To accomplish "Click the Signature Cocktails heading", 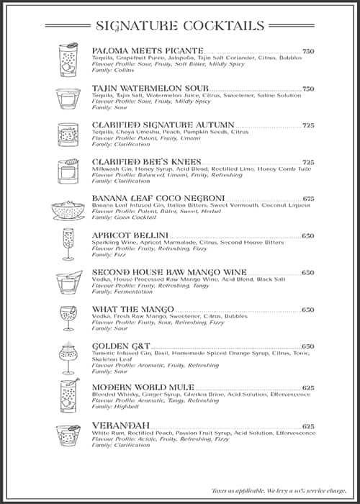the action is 179,26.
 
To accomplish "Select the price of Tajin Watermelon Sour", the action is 308,89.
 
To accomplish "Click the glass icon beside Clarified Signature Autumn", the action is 68,134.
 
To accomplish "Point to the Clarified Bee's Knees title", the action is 146,162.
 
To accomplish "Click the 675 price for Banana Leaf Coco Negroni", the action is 308,199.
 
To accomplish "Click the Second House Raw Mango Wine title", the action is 169,272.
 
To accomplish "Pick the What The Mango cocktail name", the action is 133,310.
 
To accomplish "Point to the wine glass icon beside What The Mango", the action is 68,318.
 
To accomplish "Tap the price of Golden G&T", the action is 308,346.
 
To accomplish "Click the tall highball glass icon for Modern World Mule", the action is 68,395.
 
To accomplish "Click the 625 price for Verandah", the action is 308,426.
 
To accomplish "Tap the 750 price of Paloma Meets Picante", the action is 308,51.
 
